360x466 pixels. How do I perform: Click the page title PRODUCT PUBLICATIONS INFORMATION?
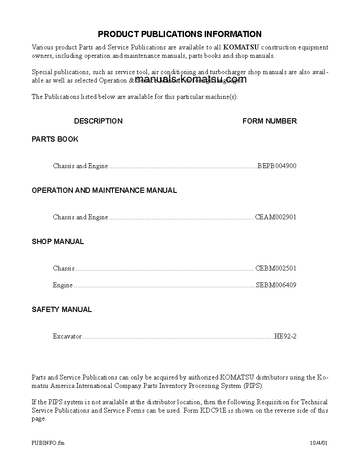point(180,34)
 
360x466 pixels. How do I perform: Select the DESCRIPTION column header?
point(98,121)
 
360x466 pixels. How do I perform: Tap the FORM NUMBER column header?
point(270,121)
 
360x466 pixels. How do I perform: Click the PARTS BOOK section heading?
point(55,139)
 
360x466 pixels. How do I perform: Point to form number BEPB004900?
point(277,166)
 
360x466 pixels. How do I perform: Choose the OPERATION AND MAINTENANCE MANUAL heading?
point(104,190)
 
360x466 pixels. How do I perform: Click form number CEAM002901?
point(276,217)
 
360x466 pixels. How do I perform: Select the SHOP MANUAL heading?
point(58,241)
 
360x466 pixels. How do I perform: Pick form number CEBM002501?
point(276,268)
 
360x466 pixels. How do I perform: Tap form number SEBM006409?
point(276,285)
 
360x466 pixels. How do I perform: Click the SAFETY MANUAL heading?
point(62,309)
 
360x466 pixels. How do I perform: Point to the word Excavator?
point(67,336)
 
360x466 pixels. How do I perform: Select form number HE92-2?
point(285,336)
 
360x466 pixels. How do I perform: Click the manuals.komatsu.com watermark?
point(191,79)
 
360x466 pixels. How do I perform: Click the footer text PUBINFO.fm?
point(48,443)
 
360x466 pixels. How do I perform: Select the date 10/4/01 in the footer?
point(319,443)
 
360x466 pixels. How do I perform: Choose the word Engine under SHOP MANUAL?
point(63,285)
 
